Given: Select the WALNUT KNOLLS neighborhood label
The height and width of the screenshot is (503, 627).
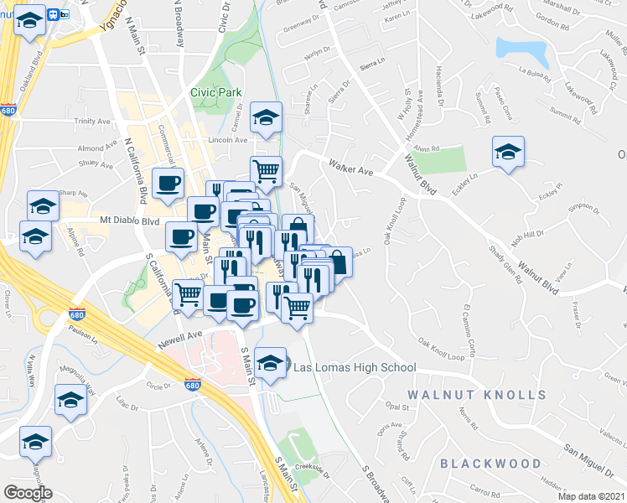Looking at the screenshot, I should pyautogui.click(x=477, y=394).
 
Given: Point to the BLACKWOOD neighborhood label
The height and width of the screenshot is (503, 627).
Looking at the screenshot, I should pyautogui.click(x=490, y=463).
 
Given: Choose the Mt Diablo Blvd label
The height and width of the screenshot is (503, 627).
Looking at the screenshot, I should pyautogui.click(x=129, y=221).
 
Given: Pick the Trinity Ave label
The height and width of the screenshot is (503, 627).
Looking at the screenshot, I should pyautogui.click(x=92, y=121).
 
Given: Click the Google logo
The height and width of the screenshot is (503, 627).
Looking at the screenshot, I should pyautogui.click(x=27, y=492).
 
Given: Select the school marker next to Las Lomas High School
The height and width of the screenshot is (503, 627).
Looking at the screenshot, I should pyautogui.click(x=269, y=362).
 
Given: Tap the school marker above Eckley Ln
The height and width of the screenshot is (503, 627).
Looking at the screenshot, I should pyautogui.click(x=507, y=152).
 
